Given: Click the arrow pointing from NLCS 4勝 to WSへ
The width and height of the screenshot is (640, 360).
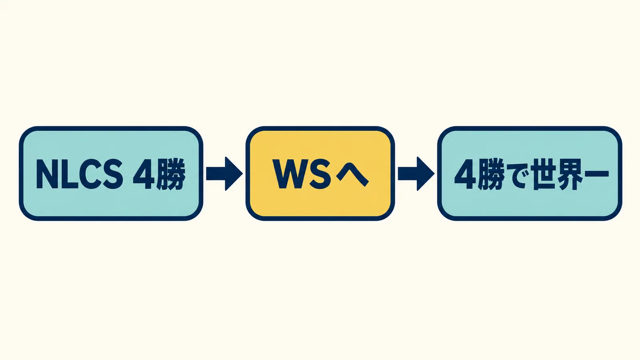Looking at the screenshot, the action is pyautogui.click(x=224, y=174).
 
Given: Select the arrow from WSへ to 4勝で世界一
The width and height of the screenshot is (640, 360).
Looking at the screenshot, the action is pyautogui.click(x=416, y=174).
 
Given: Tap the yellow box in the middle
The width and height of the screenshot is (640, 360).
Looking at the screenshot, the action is pyautogui.click(x=320, y=174).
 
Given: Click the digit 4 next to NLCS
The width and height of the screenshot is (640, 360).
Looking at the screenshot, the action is pyautogui.click(x=144, y=174).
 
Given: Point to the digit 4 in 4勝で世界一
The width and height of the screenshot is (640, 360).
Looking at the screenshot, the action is pyautogui.click(x=465, y=174).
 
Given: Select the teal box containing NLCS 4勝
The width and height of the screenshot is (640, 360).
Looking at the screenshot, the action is pyautogui.click(x=111, y=174).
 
